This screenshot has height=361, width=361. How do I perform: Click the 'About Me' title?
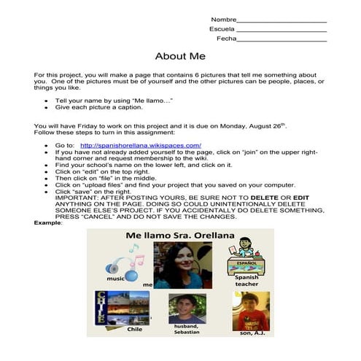tap(180, 55)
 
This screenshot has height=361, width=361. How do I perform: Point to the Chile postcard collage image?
tap(123, 308)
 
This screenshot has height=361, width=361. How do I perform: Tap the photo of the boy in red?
tap(249, 310)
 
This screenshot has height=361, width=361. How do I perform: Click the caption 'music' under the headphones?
tap(114, 278)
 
